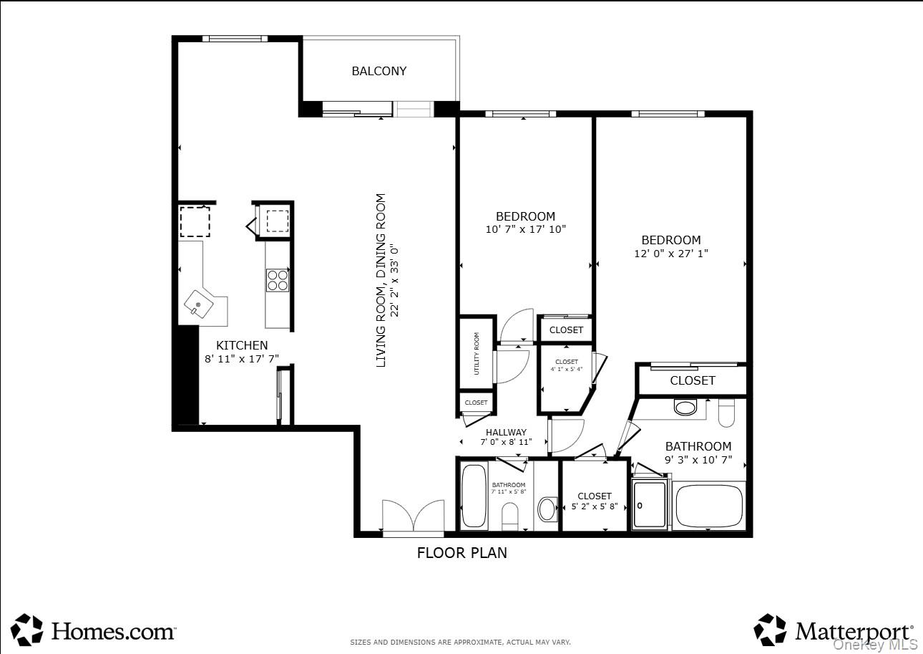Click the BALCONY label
pyautogui.click(x=379, y=71)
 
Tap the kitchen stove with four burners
pyautogui.click(x=277, y=279)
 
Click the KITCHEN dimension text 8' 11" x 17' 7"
pyautogui.click(x=242, y=359)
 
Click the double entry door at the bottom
pyautogui.click(x=414, y=516)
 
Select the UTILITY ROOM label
pyautogui.click(x=477, y=353)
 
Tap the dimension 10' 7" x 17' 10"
pyautogui.click(x=525, y=229)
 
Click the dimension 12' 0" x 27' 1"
pyautogui.click(x=670, y=253)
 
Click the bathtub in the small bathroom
pyautogui.click(x=474, y=496)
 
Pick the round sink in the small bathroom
pyautogui.click(x=547, y=509)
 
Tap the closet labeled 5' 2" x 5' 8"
pyautogui.click(x=595, y=501)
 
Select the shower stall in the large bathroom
pyautogui.click(x=650, y=504)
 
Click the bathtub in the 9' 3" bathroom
pyautogui.click(x=708, y=506)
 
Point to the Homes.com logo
pyautogui.click(x=94, y=630)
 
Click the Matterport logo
pyautogui.click(x=834, y=630)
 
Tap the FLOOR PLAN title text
pyautogui.click(x=461, y=553)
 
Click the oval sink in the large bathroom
pyautogui.click(x=686, y=408)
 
